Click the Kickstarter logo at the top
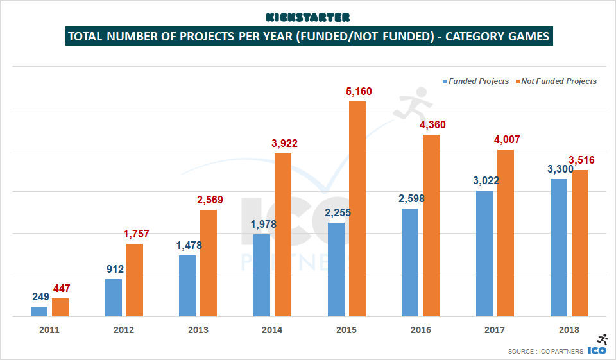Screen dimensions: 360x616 click(308, 17)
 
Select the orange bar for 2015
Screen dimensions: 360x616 click(357, 209)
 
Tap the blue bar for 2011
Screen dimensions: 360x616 click(39, 311)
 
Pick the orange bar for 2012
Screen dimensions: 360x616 click(135, 280)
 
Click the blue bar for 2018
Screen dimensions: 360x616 click(559, 247)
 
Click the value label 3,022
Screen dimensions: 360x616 click(484, 180)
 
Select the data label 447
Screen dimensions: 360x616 click(61, 288)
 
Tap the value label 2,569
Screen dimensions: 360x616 click(209, 200)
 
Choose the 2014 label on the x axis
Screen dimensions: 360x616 click(271, 330)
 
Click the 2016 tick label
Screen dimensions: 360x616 click(420, 330)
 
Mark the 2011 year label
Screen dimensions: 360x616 click(49, 330)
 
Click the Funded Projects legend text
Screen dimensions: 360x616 click(479, 81)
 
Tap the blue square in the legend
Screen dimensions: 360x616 click(443, 81)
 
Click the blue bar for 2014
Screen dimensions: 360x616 click(262, 275)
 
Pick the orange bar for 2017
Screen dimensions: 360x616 click(506, 233)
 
